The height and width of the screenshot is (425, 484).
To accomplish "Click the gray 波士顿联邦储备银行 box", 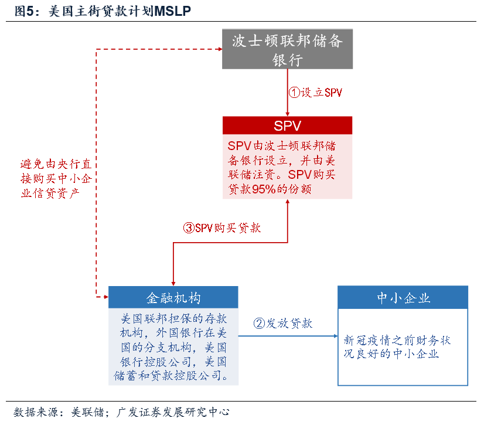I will click(x=287, y=49).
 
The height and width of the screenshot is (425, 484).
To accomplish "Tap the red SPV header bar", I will click(x=287, y=125).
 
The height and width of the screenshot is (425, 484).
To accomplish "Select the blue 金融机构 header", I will click(x=173, y=297).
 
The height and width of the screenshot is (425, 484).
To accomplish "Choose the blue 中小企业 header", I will click(x=403, y=297).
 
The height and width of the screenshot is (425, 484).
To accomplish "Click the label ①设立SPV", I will click(x=315, y=93).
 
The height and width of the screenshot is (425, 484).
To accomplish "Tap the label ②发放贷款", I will click(x=282, y=323).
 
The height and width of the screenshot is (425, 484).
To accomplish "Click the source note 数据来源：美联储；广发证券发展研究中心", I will click(x=121, y=412).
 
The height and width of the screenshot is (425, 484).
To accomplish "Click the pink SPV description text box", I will click(x=287, y=166).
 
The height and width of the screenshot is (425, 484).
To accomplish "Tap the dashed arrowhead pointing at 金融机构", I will click(x=104, y=297).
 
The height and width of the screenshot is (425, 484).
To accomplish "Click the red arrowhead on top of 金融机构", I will click(x=173, y=282).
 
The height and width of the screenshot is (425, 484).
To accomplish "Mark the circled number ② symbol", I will click(x=259, y=323).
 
